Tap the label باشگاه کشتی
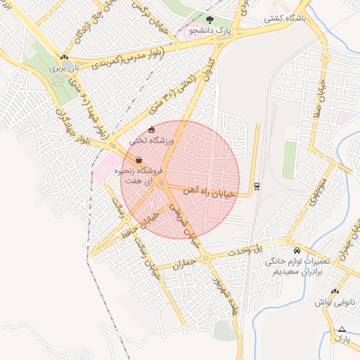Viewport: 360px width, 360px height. [285, 19]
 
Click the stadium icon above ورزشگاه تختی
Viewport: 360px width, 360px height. [151, 129]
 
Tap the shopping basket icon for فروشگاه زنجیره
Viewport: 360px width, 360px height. [139, 159]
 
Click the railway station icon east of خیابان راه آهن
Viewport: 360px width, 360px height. [256, 185]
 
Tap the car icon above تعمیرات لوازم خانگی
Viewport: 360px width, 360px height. [296, 250]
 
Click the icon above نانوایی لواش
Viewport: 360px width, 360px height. [335, 290]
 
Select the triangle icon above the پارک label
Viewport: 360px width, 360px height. [342, 329]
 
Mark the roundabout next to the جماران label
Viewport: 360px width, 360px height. [205, 259]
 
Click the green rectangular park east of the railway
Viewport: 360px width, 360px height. [289, 160]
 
